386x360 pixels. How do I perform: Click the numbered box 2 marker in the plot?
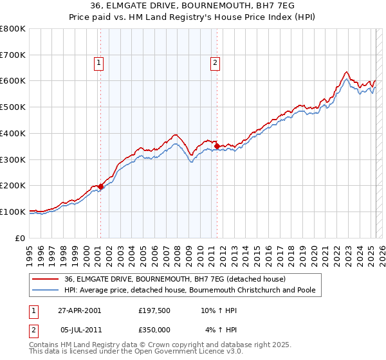[215, 62]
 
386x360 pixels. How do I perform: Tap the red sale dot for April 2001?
[100, 186]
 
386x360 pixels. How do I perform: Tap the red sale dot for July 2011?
[217, 147]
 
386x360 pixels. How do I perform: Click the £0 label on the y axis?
[20, 238]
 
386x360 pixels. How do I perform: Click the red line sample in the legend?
[46, 279]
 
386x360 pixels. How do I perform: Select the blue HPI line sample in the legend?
[46, 290]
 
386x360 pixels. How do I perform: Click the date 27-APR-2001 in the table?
[78, 311]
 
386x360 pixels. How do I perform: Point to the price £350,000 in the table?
[154, 330]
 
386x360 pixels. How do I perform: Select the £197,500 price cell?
[154, 311]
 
